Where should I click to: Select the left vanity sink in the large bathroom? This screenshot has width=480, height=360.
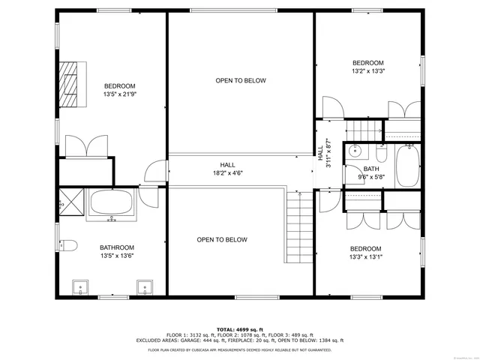tap(80, 288)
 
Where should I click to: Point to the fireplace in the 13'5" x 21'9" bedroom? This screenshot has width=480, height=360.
tap(70, 84)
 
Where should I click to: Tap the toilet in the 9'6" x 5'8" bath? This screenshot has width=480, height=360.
tap(381, 154)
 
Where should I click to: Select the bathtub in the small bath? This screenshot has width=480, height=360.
tap(409, 166)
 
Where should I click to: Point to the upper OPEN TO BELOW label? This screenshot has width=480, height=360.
tap(241, 80)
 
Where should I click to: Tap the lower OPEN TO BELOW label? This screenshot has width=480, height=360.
tap(222, 240)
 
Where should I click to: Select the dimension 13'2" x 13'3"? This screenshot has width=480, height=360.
tap(368, 71)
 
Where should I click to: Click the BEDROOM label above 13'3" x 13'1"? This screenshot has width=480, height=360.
tap(365, 249)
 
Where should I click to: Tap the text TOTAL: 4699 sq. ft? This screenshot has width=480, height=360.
tap(240, 329)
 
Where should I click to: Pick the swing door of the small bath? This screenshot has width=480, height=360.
tap(351, 174)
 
